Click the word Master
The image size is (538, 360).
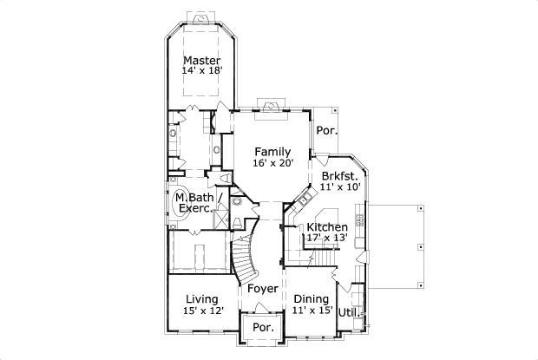[x=200, y=60]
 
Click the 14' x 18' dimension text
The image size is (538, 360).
[x=200, y=72]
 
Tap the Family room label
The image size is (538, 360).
[x=272, y=151]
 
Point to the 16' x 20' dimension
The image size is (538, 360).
[x=272, y=163]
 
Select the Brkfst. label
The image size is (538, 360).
[x=339, y=175]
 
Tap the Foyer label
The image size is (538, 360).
[x=263, y=288]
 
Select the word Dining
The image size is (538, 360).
[x=310, y=298]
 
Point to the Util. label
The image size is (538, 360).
[x=348, y=311]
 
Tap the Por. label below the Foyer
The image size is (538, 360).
[x=263, y=329]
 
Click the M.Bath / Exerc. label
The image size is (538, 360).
[x=195, y=203]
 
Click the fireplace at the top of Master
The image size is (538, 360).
[x=200, y=17]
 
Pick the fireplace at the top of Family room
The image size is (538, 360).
[x=273, y=107]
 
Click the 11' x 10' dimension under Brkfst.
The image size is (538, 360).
[x=339, y=187]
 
